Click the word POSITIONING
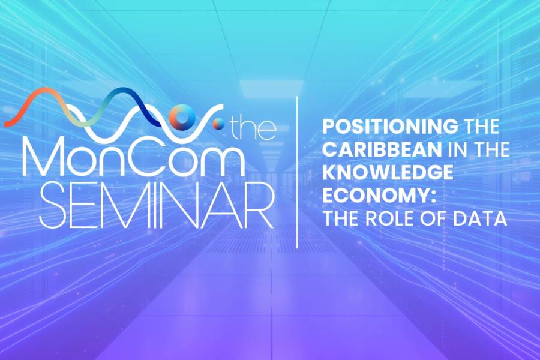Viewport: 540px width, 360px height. click(390, 127)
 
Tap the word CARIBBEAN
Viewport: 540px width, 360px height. click(382, 149)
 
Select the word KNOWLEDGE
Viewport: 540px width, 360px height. click(388, 172)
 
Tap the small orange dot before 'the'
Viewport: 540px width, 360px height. click(218, 124)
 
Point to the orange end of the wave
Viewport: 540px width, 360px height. click(10, 121)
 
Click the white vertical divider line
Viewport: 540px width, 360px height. click(297, 172)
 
